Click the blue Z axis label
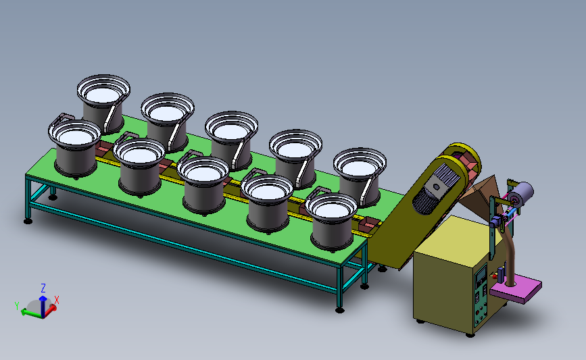click(x=43, y=288)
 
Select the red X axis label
click(x=57, y=300)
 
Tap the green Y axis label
click(x=17, y=306)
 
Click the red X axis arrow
click(x=51, y=309)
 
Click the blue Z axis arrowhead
click(x=43, y=299)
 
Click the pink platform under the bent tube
click(x=516, y=288)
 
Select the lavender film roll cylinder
click(x=521, y=193)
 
